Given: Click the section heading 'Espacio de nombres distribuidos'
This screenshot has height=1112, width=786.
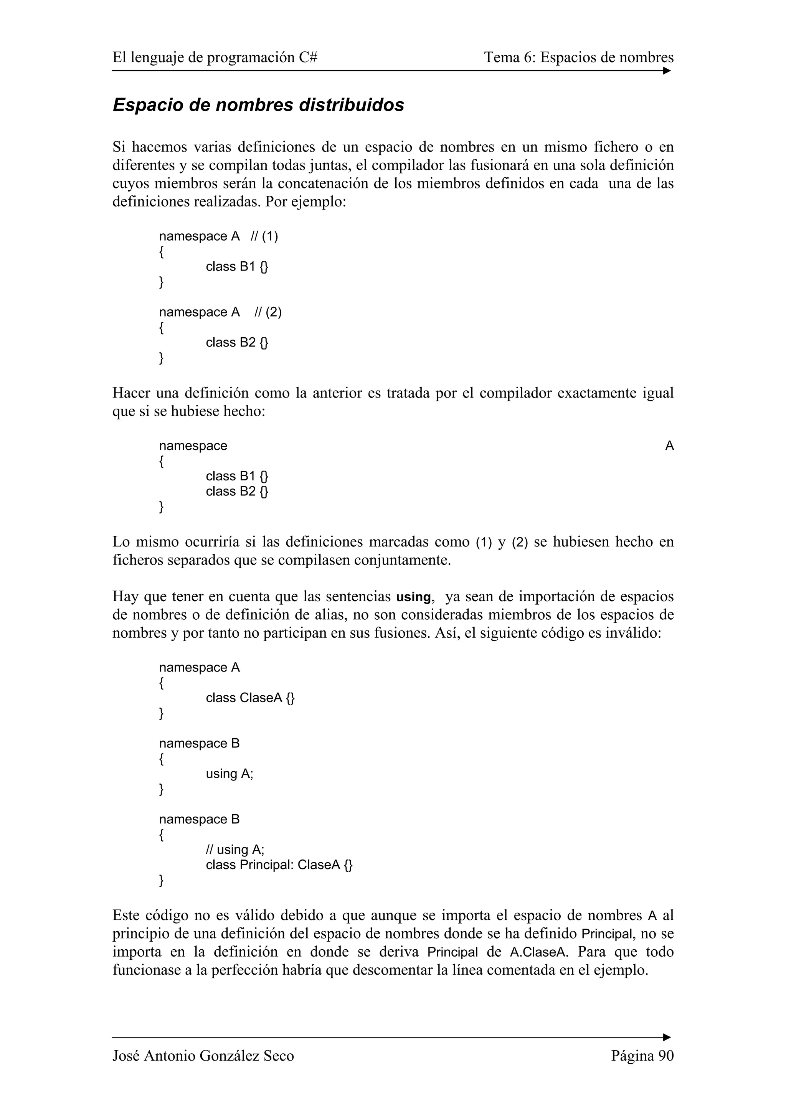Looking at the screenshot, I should pyautogui.click(x=258, y=105).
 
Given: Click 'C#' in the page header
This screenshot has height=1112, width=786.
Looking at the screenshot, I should pyautogui.click(x=308, y=58).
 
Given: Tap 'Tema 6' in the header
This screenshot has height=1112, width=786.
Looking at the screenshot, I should pyautogui.click(x=509, y=58).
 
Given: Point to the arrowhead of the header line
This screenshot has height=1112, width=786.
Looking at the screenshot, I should pyautogui.click(x=667, y=71).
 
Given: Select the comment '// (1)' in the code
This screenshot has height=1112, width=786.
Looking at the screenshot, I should pyautogui.click(x=264, y=236).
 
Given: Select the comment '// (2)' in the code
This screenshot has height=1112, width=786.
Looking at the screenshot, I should pyautogui.click(x=268, y=312).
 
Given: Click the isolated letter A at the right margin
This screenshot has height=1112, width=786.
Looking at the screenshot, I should pyautogui.click(x=669, y=445).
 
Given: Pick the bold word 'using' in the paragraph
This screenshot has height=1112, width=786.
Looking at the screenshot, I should pyautogui.click(x=413, y=597).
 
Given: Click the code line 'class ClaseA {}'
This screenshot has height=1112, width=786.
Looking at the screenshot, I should pyautogui.click(x=250, y=698).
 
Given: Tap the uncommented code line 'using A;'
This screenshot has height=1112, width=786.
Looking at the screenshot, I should pyautogui.click(x=230, y=774).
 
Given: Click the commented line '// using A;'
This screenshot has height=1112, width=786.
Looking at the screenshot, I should pyautogui.click(x=235, y=850).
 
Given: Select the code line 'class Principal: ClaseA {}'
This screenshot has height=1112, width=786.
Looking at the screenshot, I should pyautogui.click(x=279, y=865).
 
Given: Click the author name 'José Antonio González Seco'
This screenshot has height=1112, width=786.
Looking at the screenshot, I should pyautogui.click(x=203, y=1056).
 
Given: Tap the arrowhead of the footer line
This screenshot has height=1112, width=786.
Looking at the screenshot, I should pyautogui.click(x=667, y=1038).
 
